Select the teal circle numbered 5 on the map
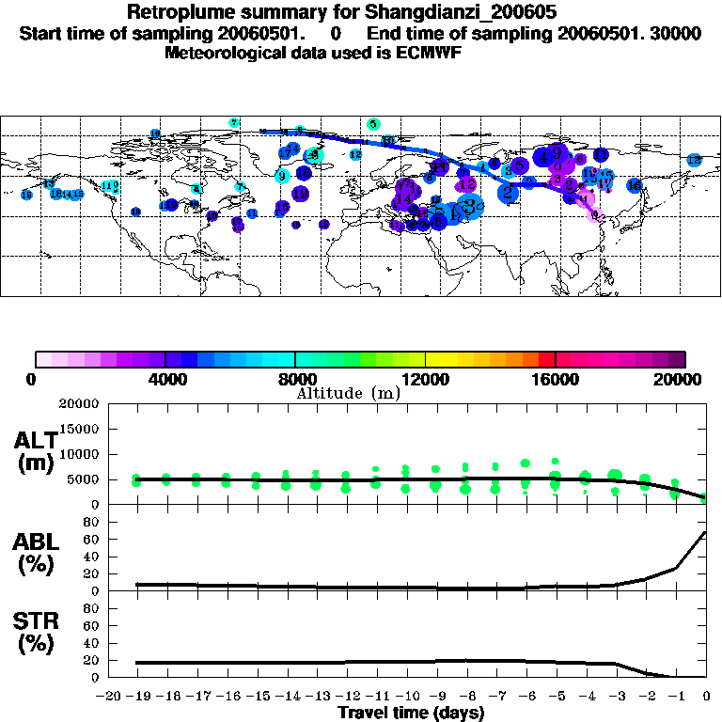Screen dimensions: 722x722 point(373,124)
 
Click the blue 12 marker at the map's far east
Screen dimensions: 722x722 point(694,161)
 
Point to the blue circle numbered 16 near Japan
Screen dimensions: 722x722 point(635,186)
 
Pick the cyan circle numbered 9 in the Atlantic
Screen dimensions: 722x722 point(281,176)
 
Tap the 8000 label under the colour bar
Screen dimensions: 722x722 point(295,379)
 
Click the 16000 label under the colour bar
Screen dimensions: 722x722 point(556,379)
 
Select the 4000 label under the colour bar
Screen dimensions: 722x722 point(165,379)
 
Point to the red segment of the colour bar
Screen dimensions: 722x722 point(547,359)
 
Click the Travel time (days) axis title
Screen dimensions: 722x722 point(411,713)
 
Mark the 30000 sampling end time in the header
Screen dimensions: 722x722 point(676,34)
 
